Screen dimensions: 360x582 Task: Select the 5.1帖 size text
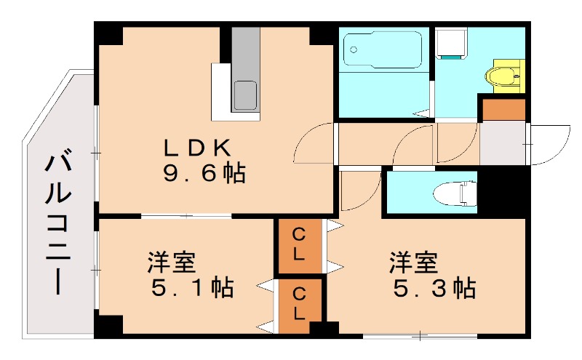193,288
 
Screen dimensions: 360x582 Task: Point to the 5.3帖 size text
435,288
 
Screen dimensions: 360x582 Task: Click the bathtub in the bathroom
381,52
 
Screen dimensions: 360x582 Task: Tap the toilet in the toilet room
452,194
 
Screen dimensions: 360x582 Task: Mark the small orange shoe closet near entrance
503,110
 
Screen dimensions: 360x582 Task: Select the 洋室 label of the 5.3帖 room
414,261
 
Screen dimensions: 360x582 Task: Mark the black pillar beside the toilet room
503,190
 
